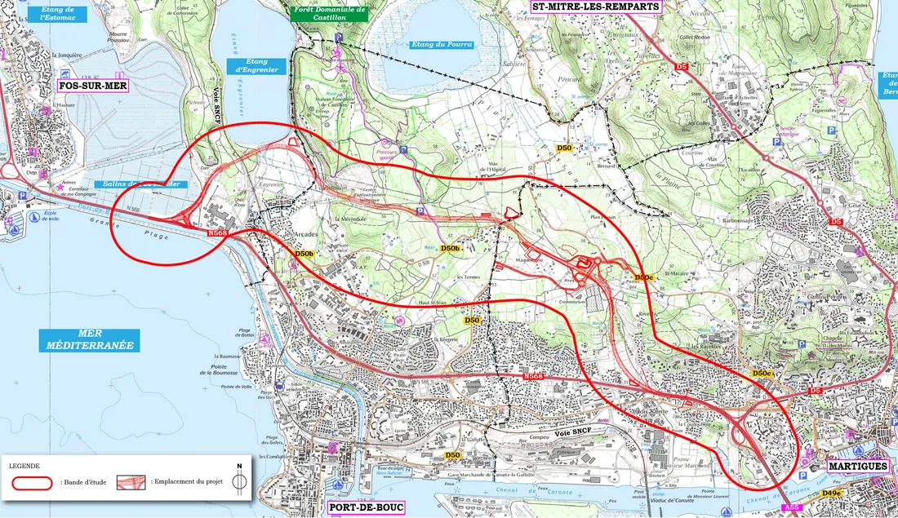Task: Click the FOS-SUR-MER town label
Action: tap(92, 85)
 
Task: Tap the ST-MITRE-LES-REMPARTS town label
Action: tap(594, 6)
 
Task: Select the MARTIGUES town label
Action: tap(856, 466)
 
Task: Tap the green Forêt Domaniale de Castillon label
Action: tap(329, 13)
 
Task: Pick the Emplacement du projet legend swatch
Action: tap(131, 483)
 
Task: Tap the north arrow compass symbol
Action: tap(239, 480)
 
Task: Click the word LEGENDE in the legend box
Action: tap(24, 466)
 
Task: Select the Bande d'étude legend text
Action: tap(83, 484)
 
